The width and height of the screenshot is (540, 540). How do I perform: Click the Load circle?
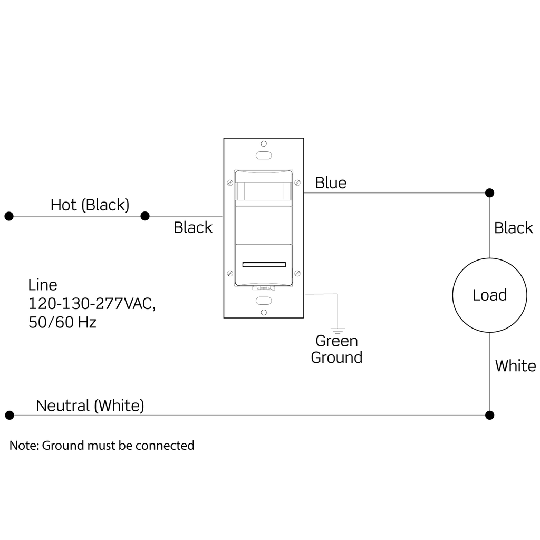489,295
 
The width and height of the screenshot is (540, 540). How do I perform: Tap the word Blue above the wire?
331,183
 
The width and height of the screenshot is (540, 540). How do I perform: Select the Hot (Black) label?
90,205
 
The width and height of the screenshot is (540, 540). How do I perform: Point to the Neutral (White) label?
90,406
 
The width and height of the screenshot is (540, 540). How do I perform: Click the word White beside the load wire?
515,366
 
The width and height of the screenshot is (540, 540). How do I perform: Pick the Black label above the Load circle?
513,228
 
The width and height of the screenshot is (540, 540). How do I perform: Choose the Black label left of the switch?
193,227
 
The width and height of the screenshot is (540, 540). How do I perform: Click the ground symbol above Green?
337,330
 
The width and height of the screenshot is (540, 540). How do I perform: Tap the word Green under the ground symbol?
336,341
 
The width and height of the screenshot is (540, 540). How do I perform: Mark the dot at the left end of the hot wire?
8,216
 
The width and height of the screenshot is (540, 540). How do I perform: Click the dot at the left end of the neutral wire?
8,415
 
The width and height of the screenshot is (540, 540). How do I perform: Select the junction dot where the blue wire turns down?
489,192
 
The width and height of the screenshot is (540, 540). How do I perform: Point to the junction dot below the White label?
489,415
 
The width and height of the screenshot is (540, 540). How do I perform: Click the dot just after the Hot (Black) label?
145,216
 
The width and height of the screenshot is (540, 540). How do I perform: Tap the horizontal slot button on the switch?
264,265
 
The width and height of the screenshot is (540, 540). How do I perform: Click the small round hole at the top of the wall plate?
263,143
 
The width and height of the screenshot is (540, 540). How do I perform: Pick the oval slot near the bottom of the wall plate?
263,300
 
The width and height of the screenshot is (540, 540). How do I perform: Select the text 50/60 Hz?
62,322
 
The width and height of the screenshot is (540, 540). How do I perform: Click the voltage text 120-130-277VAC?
92,304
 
